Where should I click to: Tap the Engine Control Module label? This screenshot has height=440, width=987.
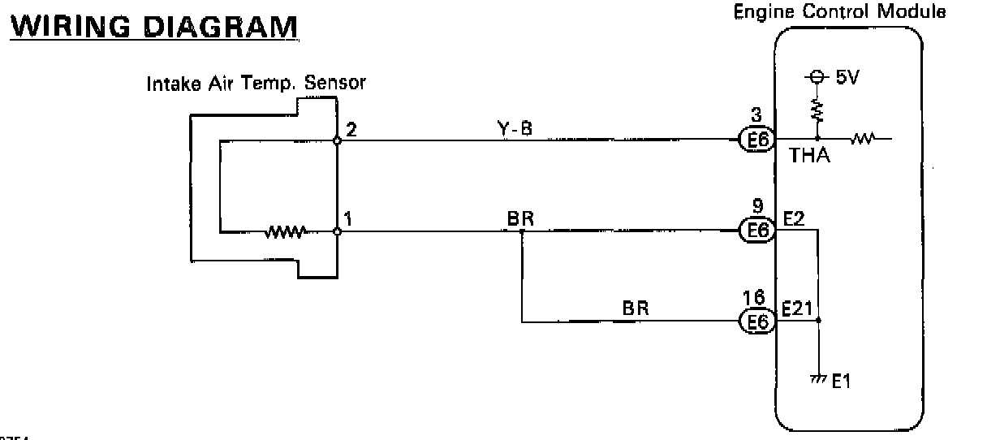point(839,13)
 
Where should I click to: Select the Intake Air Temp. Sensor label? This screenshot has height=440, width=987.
point(256,83)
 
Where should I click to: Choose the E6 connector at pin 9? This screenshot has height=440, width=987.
point(757,231)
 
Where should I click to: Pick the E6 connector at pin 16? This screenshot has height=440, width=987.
point(757,322)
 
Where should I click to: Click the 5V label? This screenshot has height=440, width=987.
point(846,78)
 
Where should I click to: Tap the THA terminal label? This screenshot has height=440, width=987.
point(809,156)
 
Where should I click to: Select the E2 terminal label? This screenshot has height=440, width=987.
point(794,218)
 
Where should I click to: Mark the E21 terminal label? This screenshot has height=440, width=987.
point(798,308)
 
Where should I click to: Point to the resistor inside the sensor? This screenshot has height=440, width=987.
point(284,232)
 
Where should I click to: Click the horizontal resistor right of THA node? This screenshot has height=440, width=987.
point(863,140)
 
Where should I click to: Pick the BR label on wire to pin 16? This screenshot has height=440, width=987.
point(636,309)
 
